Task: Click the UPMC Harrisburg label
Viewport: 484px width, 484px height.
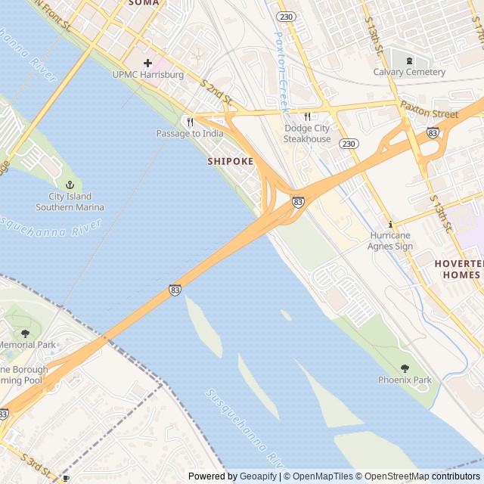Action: [147, 75]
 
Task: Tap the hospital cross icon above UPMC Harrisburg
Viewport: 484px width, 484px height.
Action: [147, 63]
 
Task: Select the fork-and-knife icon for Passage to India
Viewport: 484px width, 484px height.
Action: [190, 122]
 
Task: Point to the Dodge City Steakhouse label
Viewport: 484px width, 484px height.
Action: [307, 134]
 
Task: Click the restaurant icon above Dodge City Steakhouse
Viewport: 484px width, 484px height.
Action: [307, 116]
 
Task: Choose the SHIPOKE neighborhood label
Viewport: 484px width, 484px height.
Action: [231, 161]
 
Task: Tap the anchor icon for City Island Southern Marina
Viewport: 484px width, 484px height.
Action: [70, 185]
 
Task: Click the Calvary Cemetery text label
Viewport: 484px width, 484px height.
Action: [409, 72]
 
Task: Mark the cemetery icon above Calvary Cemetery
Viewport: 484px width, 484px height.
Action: [409, 60]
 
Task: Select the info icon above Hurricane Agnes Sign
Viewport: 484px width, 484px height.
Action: [390, 224]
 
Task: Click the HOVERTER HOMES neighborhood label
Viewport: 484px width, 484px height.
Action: [458, 269]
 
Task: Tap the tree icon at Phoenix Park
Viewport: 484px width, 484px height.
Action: [405, 368]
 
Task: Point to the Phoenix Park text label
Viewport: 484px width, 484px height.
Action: [405, 380]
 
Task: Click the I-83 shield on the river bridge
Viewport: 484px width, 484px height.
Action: [175, 290]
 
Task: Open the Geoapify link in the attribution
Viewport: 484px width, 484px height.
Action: [259, 476]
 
